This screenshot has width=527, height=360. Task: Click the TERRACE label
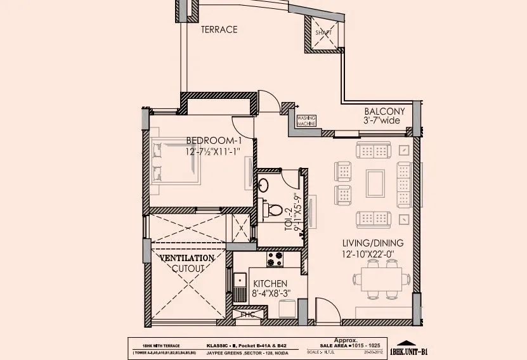coord(219,29)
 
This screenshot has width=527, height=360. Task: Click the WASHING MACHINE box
coord(306,120)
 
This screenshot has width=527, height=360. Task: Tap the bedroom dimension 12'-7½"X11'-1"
coord(212,153)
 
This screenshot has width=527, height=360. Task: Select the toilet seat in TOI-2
coord(274,209)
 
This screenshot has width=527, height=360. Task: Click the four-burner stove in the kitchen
coord(275,259)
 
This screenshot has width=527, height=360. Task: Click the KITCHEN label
coord(271,283)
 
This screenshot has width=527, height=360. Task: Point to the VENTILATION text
coord(187,259)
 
